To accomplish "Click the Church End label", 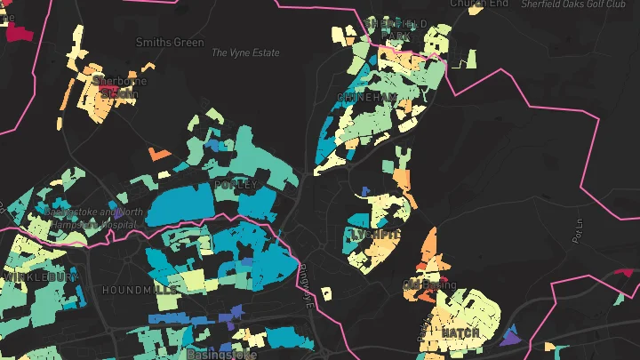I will point(478,4).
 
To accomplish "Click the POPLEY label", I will point(236,185).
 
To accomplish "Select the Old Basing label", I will point(429,285).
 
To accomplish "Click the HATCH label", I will point(460,332).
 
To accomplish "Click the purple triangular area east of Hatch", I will point(510,337).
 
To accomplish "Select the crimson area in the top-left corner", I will point(18,33).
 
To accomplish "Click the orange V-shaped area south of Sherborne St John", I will point(158,154).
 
